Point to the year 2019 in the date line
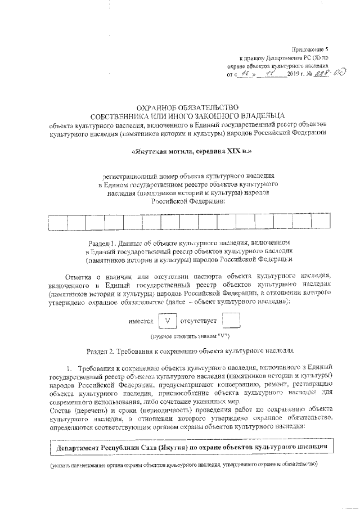click(294, 75)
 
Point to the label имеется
click(141, 321)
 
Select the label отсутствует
click(199, 321)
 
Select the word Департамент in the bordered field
click(78, 448)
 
